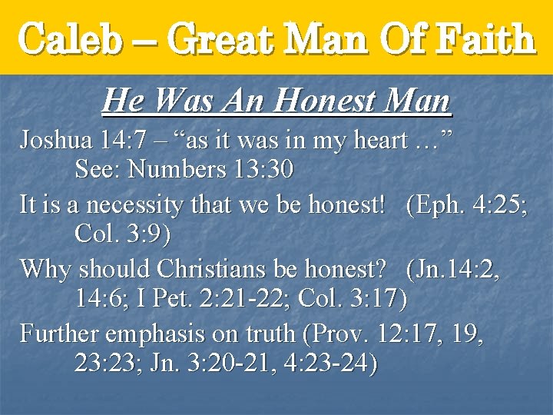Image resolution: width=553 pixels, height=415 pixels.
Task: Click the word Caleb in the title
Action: tap(71, 38)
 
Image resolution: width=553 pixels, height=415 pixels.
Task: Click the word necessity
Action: tap(121, 204)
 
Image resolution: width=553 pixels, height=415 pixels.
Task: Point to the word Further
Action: tap(58, 334)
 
